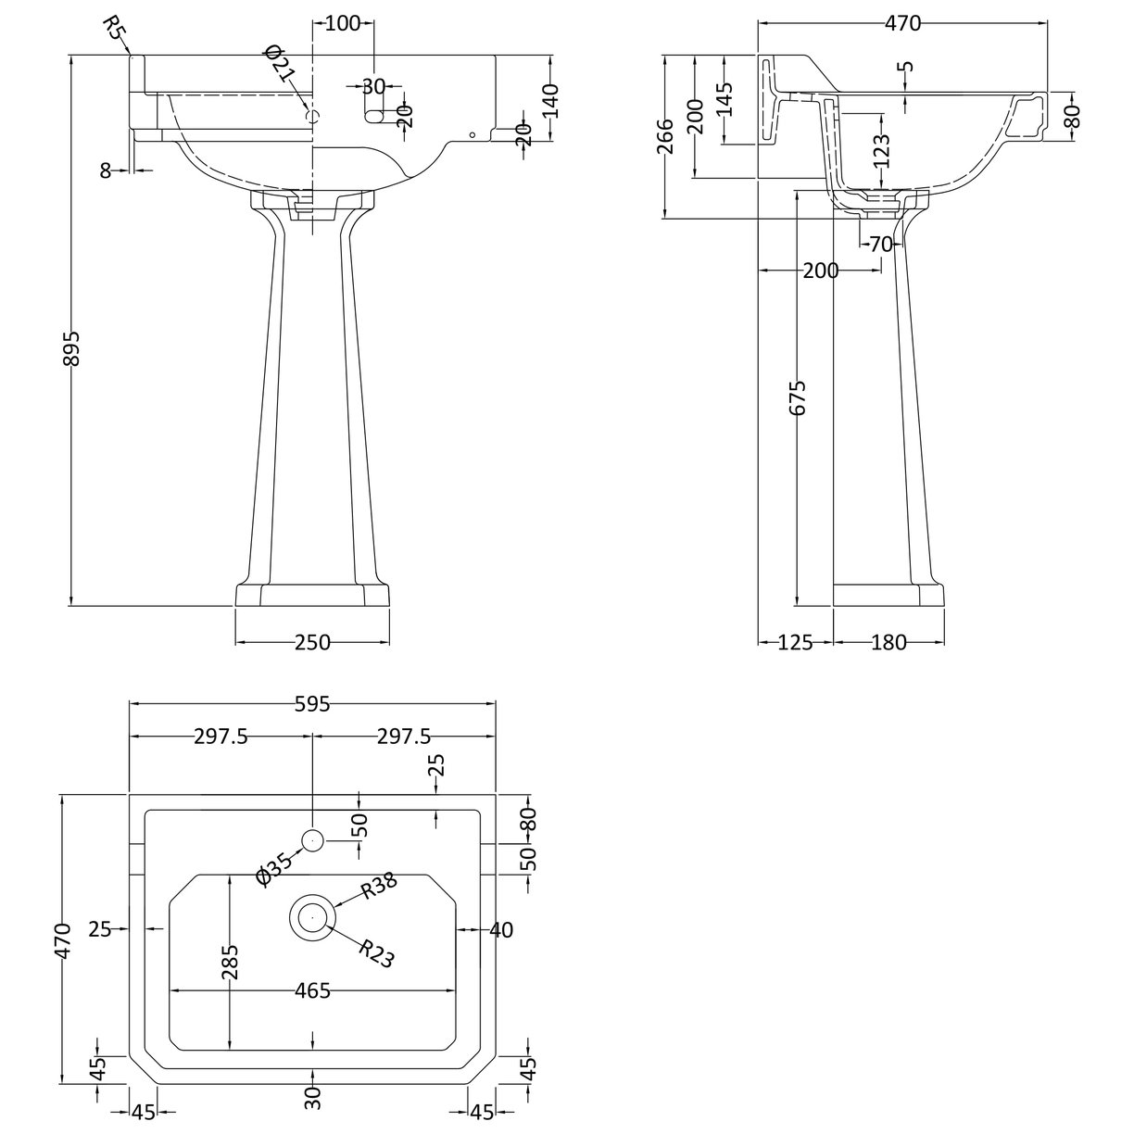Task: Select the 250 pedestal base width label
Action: pos(312,642)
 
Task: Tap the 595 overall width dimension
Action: pos(312,705)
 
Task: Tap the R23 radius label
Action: pos(375,953)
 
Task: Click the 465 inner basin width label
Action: pos(312,991)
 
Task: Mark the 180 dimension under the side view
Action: pos(888,642)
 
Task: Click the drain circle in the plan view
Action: pos(312,916)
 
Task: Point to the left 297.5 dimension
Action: pos(220,737)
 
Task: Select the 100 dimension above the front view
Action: pos(344,24)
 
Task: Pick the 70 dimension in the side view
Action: pos(880,245)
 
